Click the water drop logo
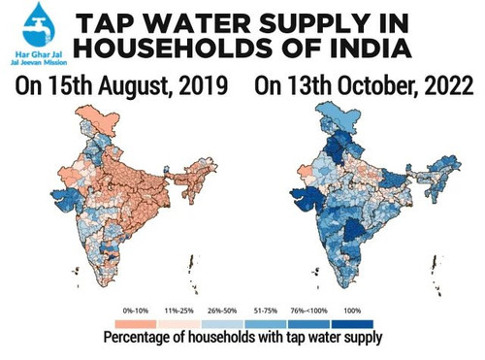(39, 25)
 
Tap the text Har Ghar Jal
(39, 54)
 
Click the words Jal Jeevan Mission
(39, 62)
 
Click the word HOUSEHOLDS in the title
(174, 48)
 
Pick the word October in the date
(376, 86)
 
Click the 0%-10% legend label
(136, 311)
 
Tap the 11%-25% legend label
(179, 311)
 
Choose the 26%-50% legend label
(222, 311)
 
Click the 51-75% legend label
(266, 311)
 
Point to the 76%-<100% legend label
(308, 311)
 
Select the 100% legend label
(352, 311)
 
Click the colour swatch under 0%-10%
(136, 324)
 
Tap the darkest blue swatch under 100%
(352, 324)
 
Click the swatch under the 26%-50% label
(222, 324)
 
